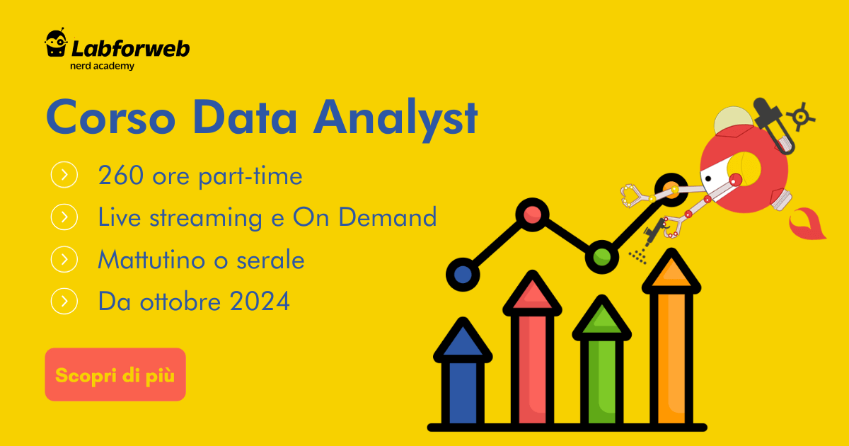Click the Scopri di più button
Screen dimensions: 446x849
coord(115,374)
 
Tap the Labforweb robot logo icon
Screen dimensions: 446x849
coord(56,44)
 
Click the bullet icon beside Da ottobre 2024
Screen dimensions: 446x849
coord(64,302)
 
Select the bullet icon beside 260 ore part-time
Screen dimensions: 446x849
coord(64,175)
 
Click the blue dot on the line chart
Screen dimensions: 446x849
coord(463,273)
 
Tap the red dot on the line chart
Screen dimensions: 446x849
coord(532,214)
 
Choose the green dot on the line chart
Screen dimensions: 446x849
coord(602,256)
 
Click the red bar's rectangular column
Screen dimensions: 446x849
coord(532,368)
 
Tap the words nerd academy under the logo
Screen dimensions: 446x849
coord(103,66)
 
